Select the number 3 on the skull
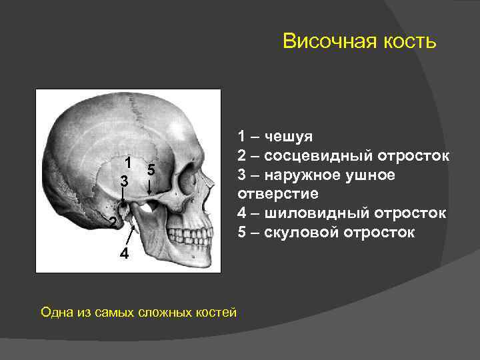click(x=123, y=181)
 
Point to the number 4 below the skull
click(x=125, y=255)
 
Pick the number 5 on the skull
click(x=151, y=170)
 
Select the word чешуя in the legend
click(x=288, y=137)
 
